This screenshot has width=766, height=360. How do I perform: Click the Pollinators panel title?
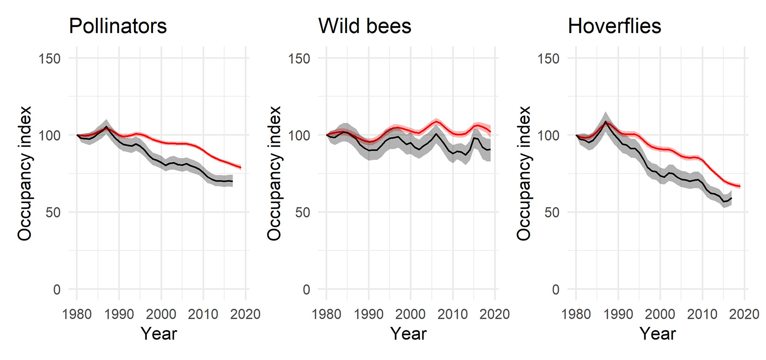(118, 26)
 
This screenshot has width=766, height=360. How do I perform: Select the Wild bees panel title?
(365, 26)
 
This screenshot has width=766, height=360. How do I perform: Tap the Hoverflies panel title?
(614, 26)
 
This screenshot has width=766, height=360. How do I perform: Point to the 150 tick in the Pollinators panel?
(49, 58)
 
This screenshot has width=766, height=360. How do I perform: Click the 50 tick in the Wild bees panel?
(303, 213)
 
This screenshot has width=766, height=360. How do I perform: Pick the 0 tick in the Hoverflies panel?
(555, 290)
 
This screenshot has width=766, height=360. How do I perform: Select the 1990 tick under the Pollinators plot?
(119, 314)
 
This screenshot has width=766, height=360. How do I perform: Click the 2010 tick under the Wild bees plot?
(453, 314)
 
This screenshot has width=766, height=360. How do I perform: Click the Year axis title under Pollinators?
(159, 334)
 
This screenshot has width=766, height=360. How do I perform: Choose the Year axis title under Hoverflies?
(658, 334)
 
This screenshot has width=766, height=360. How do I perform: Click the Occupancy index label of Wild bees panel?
(274, 174)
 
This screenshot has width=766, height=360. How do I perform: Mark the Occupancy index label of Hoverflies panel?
(524, 174)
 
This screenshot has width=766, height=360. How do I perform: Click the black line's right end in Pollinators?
(232, 181)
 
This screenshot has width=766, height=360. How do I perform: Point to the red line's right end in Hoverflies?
(740, 186)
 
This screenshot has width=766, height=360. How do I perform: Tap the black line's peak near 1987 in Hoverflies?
(605, 121)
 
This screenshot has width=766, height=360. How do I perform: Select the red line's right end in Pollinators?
(241, 168)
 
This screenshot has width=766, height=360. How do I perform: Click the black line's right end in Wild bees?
(490, 149)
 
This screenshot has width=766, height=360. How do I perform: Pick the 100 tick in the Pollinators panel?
(49, 135)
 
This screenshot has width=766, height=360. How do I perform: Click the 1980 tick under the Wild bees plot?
(326, 314)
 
